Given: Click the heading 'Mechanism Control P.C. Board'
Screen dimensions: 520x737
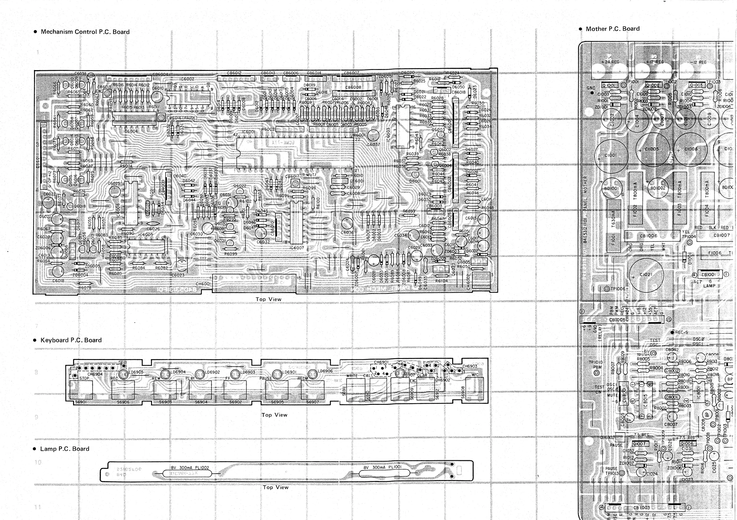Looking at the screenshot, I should tap(85, 32).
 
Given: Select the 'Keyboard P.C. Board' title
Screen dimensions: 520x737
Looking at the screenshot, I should tap(71, 340).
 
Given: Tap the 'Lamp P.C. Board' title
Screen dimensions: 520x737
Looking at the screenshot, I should tap(64, 449).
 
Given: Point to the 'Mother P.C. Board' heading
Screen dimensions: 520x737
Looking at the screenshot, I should tap(613, 29).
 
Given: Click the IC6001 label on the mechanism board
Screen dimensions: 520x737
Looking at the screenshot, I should tap(249, 132).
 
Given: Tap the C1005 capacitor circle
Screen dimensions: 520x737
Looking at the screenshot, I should tap(652, 149).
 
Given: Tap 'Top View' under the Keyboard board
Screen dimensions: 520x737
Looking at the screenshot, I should tap(274, 415).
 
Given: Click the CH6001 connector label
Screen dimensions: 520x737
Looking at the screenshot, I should tap(203, 284).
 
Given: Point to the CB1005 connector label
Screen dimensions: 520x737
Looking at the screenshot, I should tap(617, 320).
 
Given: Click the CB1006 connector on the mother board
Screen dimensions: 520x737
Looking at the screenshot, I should tap(648, 236).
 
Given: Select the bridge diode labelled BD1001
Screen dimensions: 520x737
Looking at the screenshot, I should tap(611, 188).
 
